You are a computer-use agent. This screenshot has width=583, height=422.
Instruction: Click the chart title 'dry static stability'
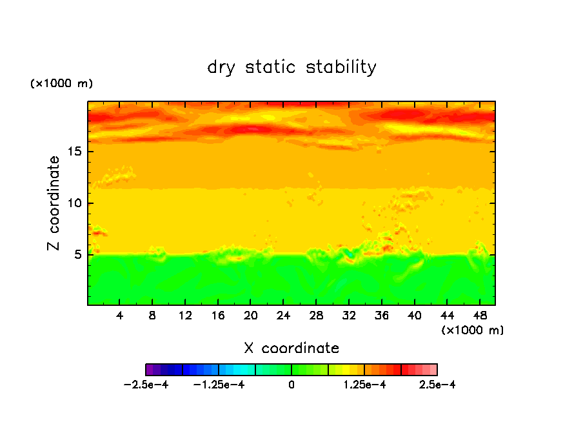point(291,67)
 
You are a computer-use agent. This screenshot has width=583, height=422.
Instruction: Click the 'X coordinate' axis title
point(291,348)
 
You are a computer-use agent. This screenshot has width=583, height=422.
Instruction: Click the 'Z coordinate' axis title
point(54,203)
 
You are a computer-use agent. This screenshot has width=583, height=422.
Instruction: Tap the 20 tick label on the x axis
point(250,316)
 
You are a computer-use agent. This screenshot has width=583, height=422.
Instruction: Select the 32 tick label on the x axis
point(349,316)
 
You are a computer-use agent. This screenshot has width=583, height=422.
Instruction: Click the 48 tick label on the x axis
point(479,316)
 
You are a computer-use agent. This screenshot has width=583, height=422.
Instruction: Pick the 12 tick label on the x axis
point(185,316)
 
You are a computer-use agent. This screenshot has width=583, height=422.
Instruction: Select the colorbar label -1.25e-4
point(219,385)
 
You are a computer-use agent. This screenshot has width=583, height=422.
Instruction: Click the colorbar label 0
point(291,385)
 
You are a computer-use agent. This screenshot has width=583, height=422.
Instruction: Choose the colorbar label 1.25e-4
point(364,385)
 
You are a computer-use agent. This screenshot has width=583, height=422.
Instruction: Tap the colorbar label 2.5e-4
point(437,385)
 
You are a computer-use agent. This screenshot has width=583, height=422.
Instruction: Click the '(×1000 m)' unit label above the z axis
point(61,84)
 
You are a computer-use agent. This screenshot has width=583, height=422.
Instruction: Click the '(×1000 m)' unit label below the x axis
point(473,330)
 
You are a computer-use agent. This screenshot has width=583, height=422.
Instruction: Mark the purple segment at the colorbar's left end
point(150,370)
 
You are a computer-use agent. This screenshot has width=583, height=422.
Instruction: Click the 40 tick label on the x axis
point(414,316)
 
